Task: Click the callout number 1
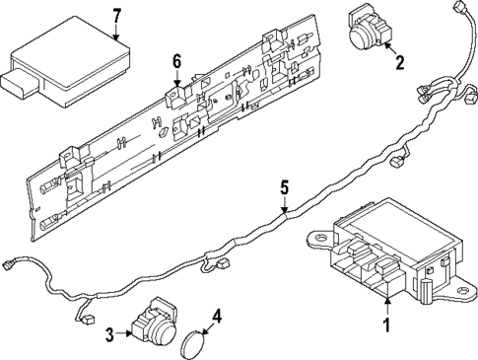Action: pyautogui.click(x=387, y=324)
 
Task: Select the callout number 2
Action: pyautogui.click(x=399, y=64)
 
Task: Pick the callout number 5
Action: pyautogui.click(x=283, y=185)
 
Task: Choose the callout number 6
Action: pyautogui.click(x=177, y=62)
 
